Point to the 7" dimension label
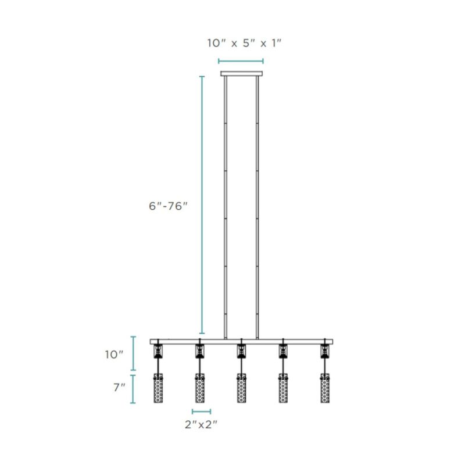pyautogui.click(x=119, y=387)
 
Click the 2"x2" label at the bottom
pyautogui.click(x=201, y=425)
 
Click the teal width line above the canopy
pyautogui.click(x=241, y=60)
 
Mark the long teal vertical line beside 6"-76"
pyautogui.click(x=202, y=203)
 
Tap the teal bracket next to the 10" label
pyautogui.click(x=134, y=353)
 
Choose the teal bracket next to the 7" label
pyautogui.click(x=134, y=389)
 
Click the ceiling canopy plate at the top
pyautogui.click(x=241, y=74)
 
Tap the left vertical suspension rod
pyautogui.click(x=225, y=203)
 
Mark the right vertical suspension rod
pyautogui.click(x=258, y=203)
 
